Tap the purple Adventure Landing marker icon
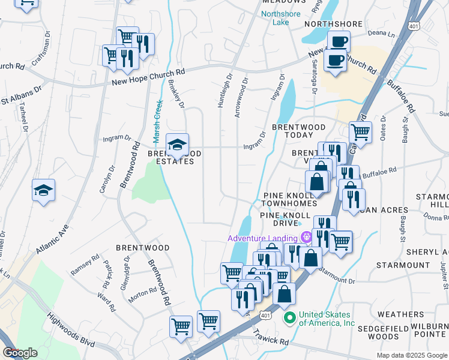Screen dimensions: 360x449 (x=306, y=238)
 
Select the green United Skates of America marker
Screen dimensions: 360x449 (x=290, y=317)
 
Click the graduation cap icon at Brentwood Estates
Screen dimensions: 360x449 (x=177, y=145)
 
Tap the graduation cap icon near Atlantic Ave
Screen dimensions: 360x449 (x=44, y=191)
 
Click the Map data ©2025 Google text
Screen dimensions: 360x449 (x=412, y=355)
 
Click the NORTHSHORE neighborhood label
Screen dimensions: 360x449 (x=333, y=24)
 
